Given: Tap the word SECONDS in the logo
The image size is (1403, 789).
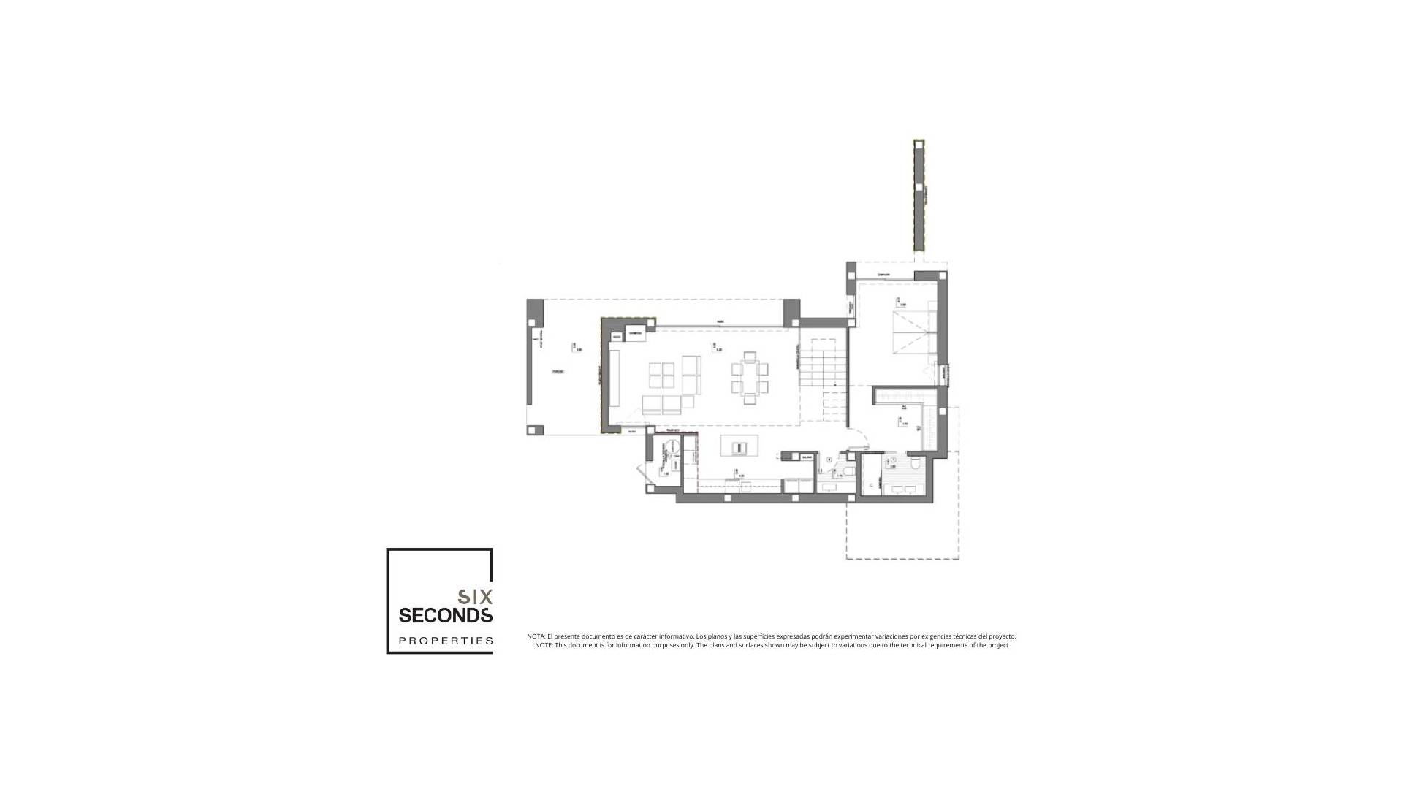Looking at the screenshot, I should coord(445,616).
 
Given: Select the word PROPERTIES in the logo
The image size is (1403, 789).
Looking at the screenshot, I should coord(445,641).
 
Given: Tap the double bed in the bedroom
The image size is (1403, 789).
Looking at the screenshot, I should coord(910,332).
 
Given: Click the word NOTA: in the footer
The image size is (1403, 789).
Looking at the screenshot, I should coord(536,636).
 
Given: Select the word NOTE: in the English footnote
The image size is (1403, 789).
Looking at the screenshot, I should coord(544,645).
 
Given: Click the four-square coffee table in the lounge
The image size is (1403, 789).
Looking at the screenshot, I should coord(661,376).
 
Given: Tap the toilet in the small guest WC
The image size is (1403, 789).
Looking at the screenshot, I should coord(845,470).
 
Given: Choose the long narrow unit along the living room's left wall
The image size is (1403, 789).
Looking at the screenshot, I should coord(615,378).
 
